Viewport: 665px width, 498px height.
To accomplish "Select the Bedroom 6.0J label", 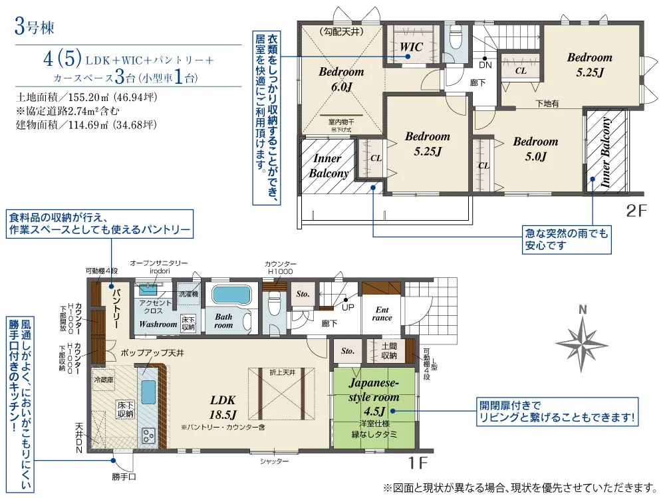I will (x=341, y=78).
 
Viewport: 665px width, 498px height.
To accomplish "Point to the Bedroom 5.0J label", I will (x=535, y=149).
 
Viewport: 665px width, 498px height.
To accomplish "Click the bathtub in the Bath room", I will (x=231, y=295).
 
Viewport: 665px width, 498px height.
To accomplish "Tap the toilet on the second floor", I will (x=456, y=39).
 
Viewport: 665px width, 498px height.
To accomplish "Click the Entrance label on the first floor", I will (x=383, y=313).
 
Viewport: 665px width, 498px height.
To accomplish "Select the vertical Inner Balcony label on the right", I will (x=606, y=153).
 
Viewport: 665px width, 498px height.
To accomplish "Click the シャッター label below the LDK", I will (x=274, y=461).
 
